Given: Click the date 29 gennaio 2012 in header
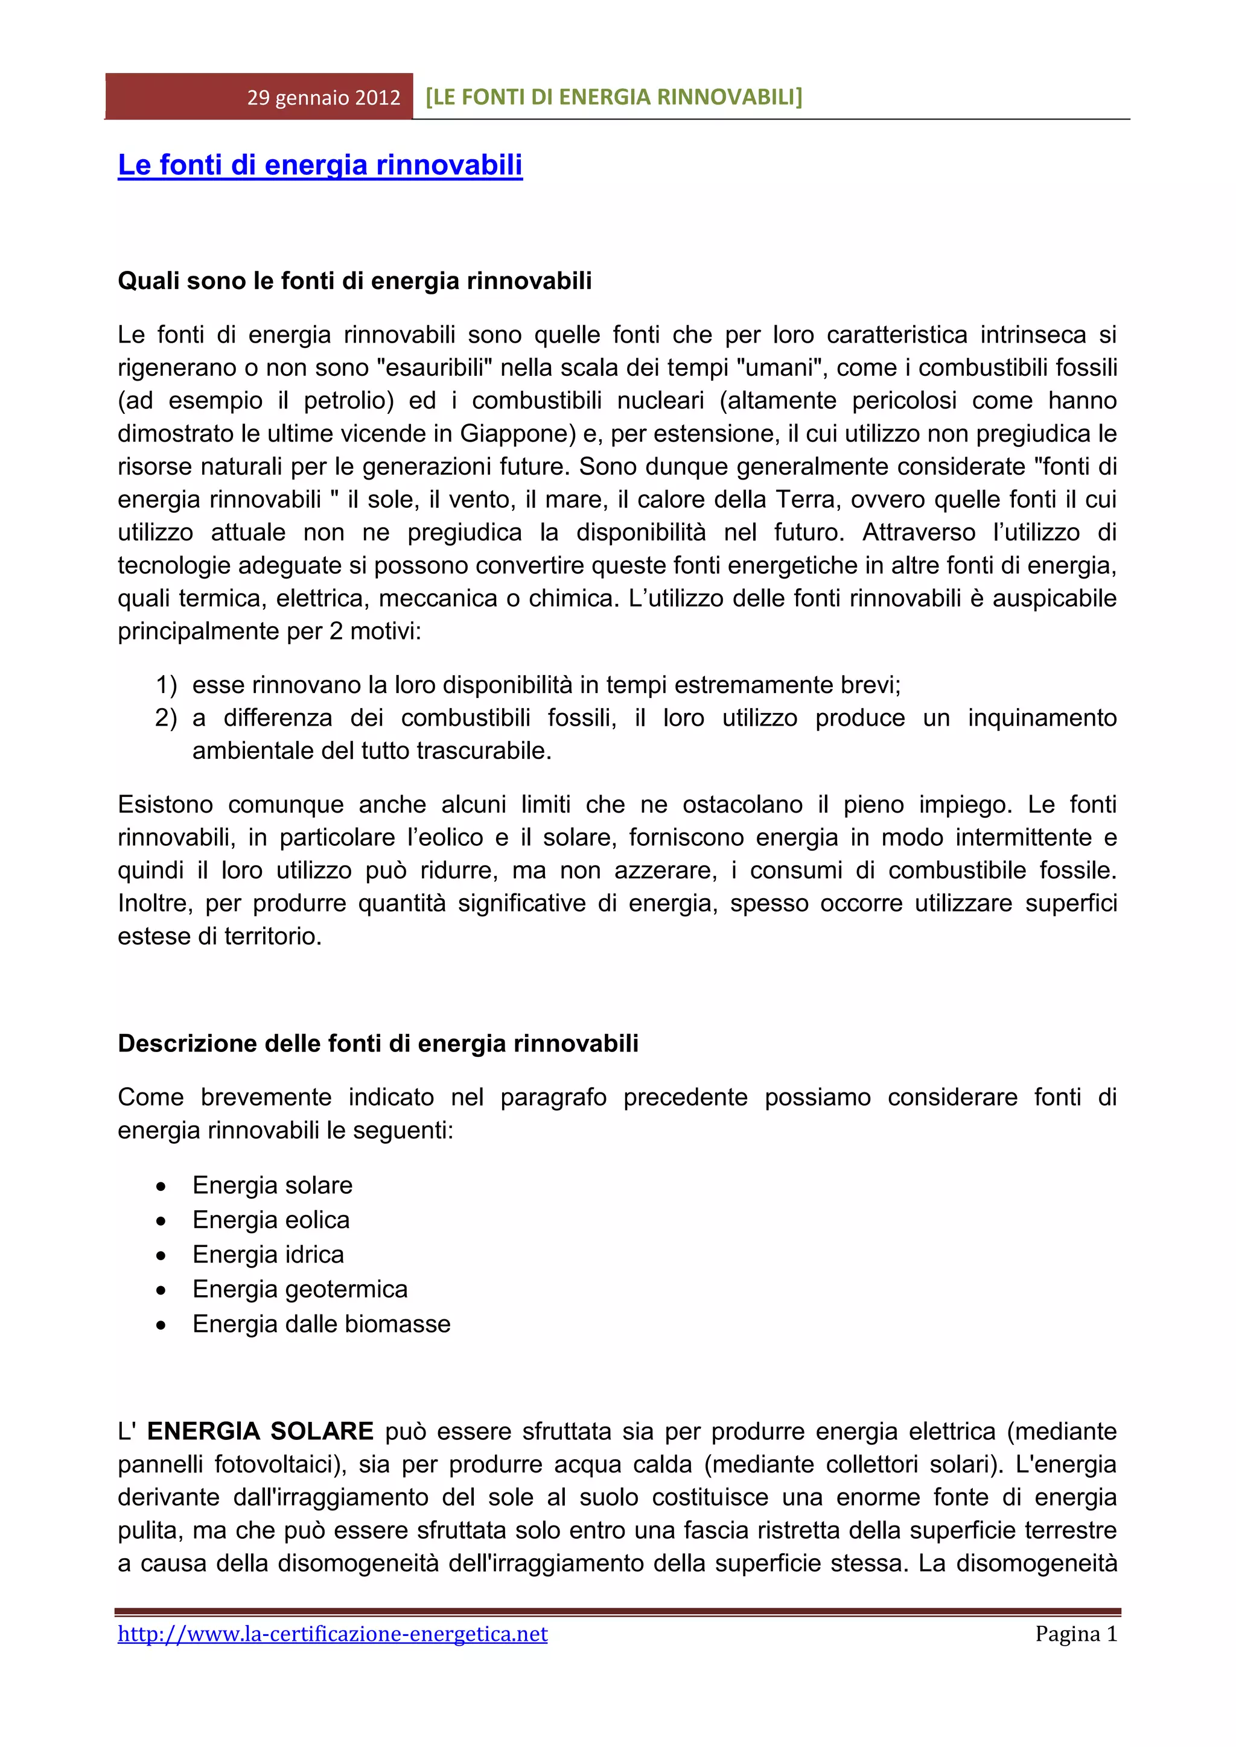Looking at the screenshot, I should (x=323, y=97).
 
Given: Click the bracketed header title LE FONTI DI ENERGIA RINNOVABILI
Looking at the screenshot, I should (x=613, y=97).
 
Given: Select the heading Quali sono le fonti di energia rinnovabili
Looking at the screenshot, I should (x=355, y=281).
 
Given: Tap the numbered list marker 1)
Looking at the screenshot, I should (x=166, y=685).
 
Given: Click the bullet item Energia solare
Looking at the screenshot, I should (x=272, y=1185).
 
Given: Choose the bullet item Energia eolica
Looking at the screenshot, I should (x=271, y=1220).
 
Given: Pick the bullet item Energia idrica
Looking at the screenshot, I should (x=268, y=1254).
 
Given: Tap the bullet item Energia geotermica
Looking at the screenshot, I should (x=300, y=1289).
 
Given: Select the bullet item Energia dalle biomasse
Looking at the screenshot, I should (x=321, y=1324).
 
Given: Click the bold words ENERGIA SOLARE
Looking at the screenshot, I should (x=260, y=1432).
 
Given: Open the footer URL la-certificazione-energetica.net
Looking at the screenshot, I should (x=333, y=1634).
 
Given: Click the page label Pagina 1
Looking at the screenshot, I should (x=1075, y=1634).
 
